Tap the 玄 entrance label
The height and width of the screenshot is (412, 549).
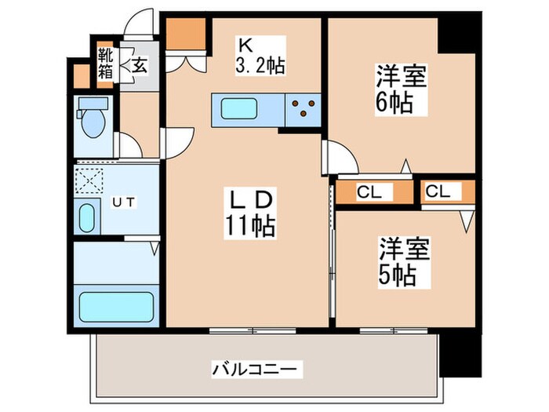point(138,65)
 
